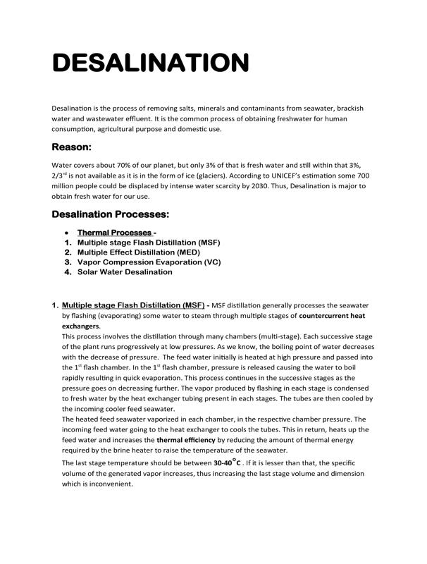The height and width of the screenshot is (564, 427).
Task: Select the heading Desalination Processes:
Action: pos(111,214)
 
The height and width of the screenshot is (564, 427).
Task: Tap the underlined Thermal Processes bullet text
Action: pos(115,232)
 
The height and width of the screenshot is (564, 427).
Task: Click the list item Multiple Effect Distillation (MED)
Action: pos(139,252)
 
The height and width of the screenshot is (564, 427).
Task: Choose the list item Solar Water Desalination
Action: pos(125,271)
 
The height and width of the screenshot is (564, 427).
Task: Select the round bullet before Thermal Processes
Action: pos(66,232)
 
